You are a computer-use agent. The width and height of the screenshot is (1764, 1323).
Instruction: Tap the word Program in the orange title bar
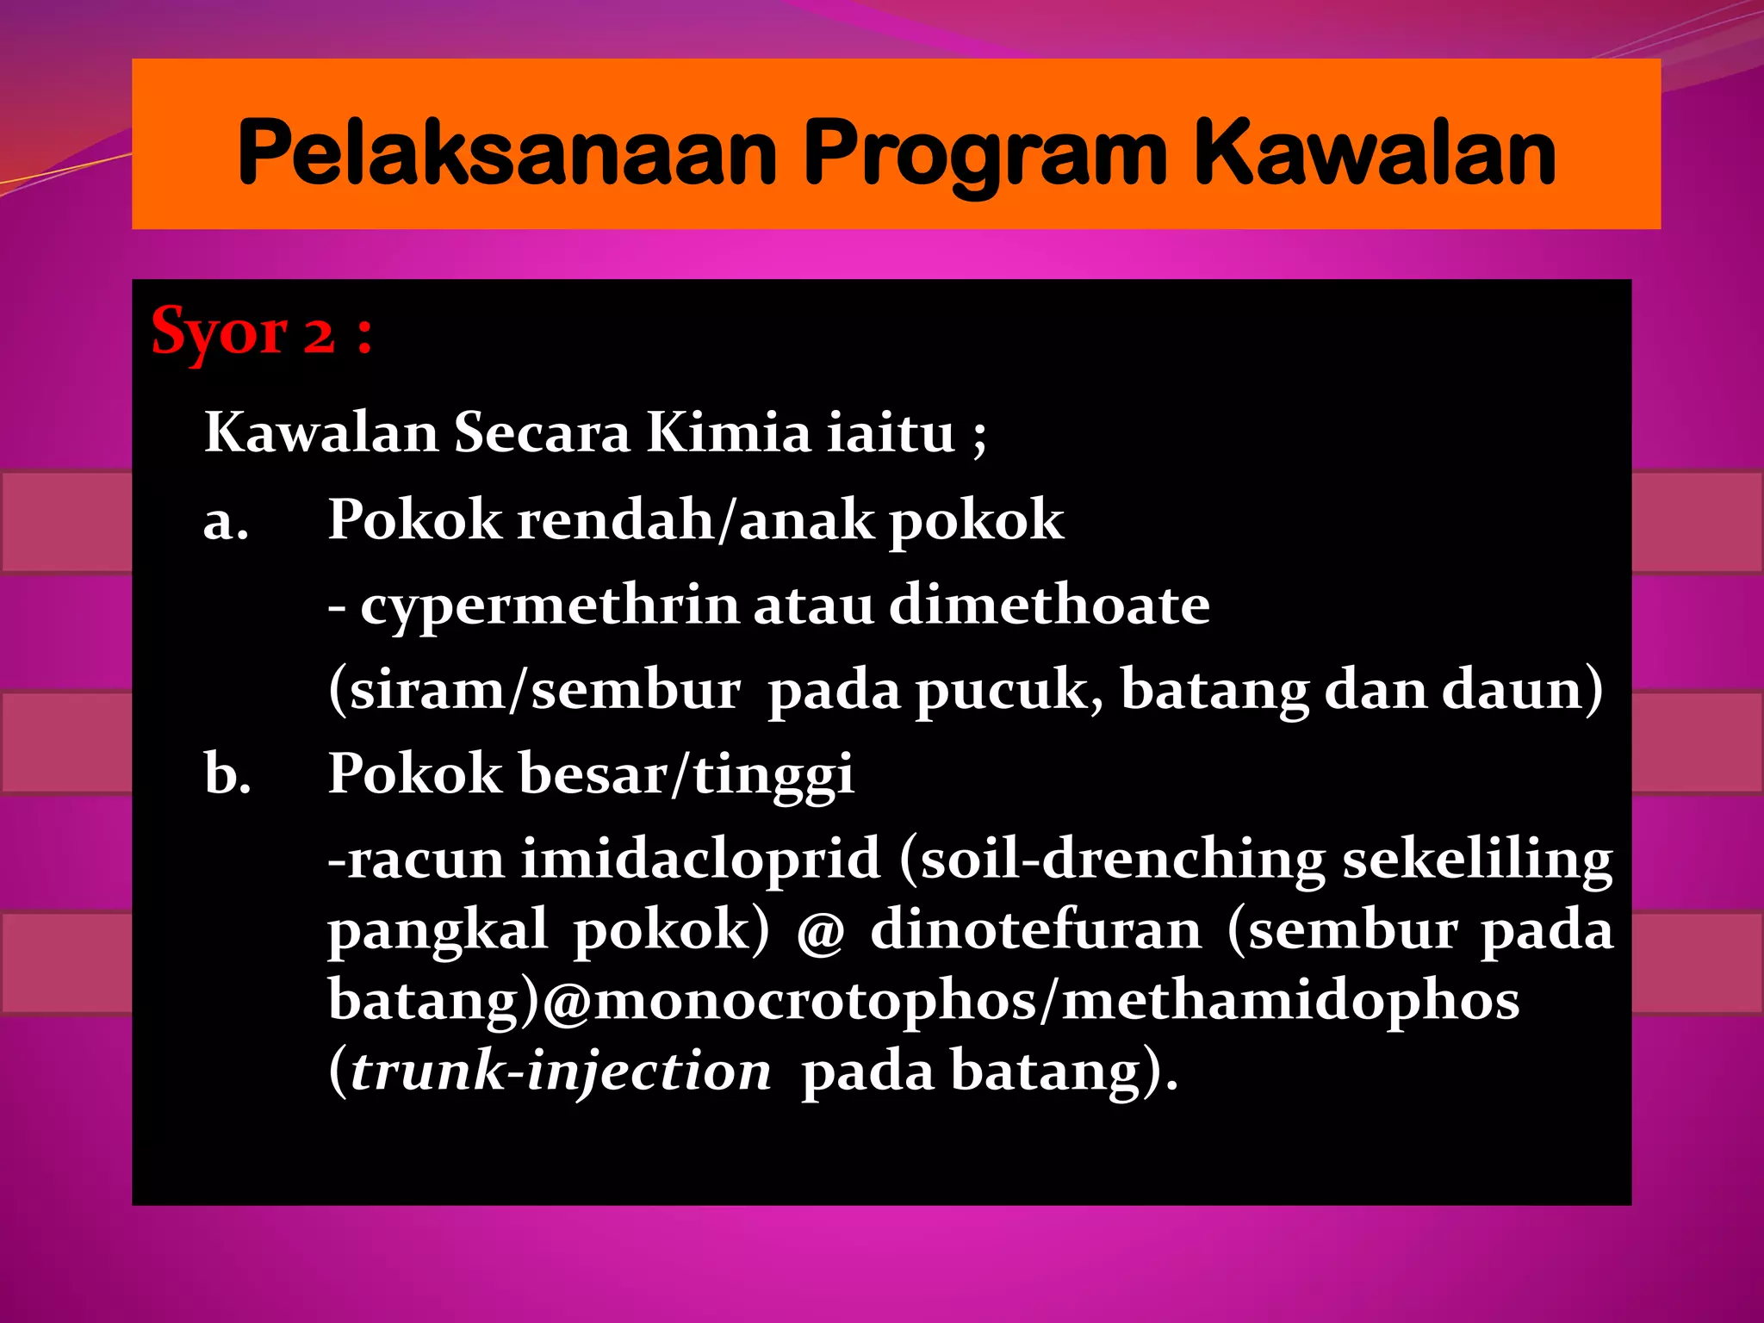tap(985, 155)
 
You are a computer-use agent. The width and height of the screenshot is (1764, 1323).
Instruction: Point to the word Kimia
tap(728, 432)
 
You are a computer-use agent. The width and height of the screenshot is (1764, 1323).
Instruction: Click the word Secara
tap(542, 432)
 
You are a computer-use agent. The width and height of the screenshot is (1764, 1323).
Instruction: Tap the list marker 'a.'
tap(227, 522)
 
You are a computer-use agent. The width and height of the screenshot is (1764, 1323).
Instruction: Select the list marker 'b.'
tap(228, 773)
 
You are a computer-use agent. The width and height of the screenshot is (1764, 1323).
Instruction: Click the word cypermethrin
tap(549, 606)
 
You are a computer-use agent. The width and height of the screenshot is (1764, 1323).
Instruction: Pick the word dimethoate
tap(1049, 605)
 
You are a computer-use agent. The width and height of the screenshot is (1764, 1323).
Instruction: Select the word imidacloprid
tap(700, 859)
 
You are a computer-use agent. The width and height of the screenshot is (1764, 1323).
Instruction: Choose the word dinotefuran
tap(1035, 930)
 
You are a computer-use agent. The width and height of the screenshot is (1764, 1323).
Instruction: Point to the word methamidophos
tap(1290, 1001)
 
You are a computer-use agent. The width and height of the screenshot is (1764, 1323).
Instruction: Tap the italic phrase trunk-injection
tap(561, 1071)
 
